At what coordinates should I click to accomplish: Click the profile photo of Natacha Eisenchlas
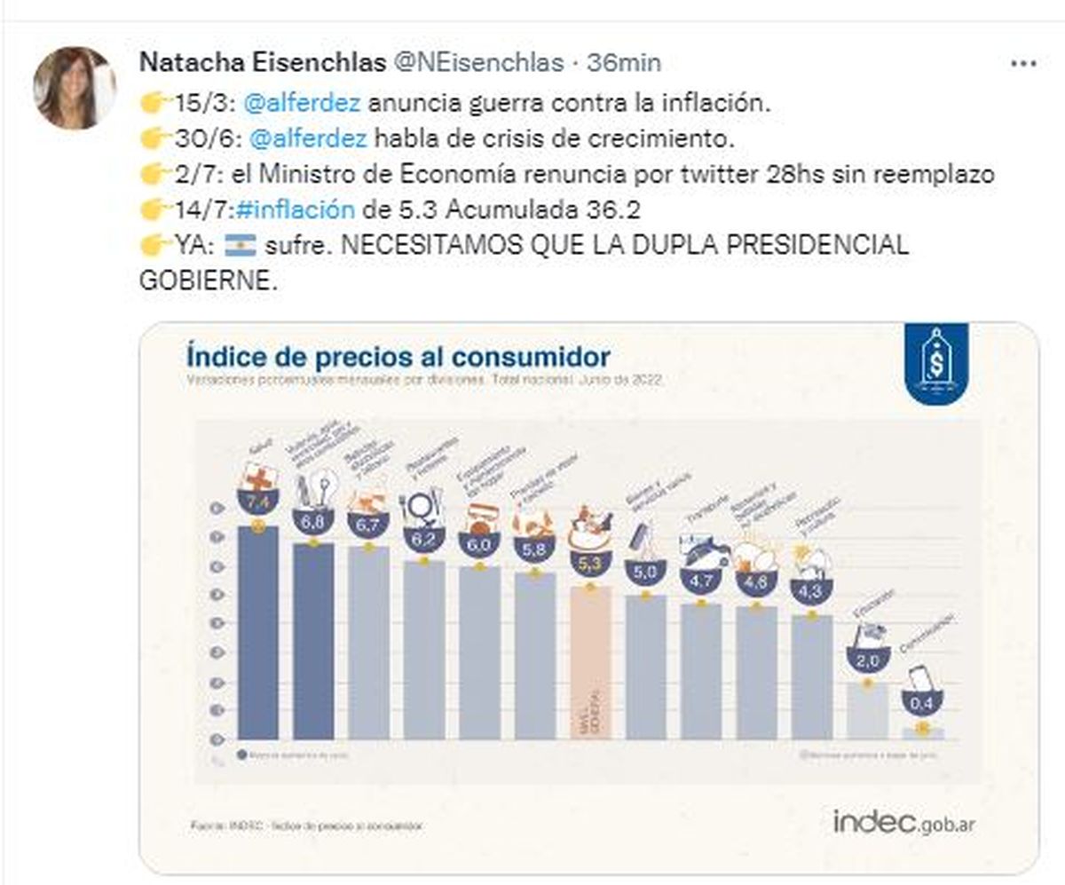click(75, 88)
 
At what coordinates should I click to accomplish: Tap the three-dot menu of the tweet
click(1027, 64)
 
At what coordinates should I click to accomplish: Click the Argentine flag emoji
click(241, 245)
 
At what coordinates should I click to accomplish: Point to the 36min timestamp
click(629, 63)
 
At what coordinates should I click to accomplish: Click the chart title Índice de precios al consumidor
click(398, 357)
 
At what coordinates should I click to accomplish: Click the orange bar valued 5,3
click(589, 661)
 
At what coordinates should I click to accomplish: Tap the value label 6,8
click(312, 523)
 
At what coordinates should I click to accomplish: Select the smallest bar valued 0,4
click(921, 732)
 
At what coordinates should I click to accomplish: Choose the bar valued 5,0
click(645, 666)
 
